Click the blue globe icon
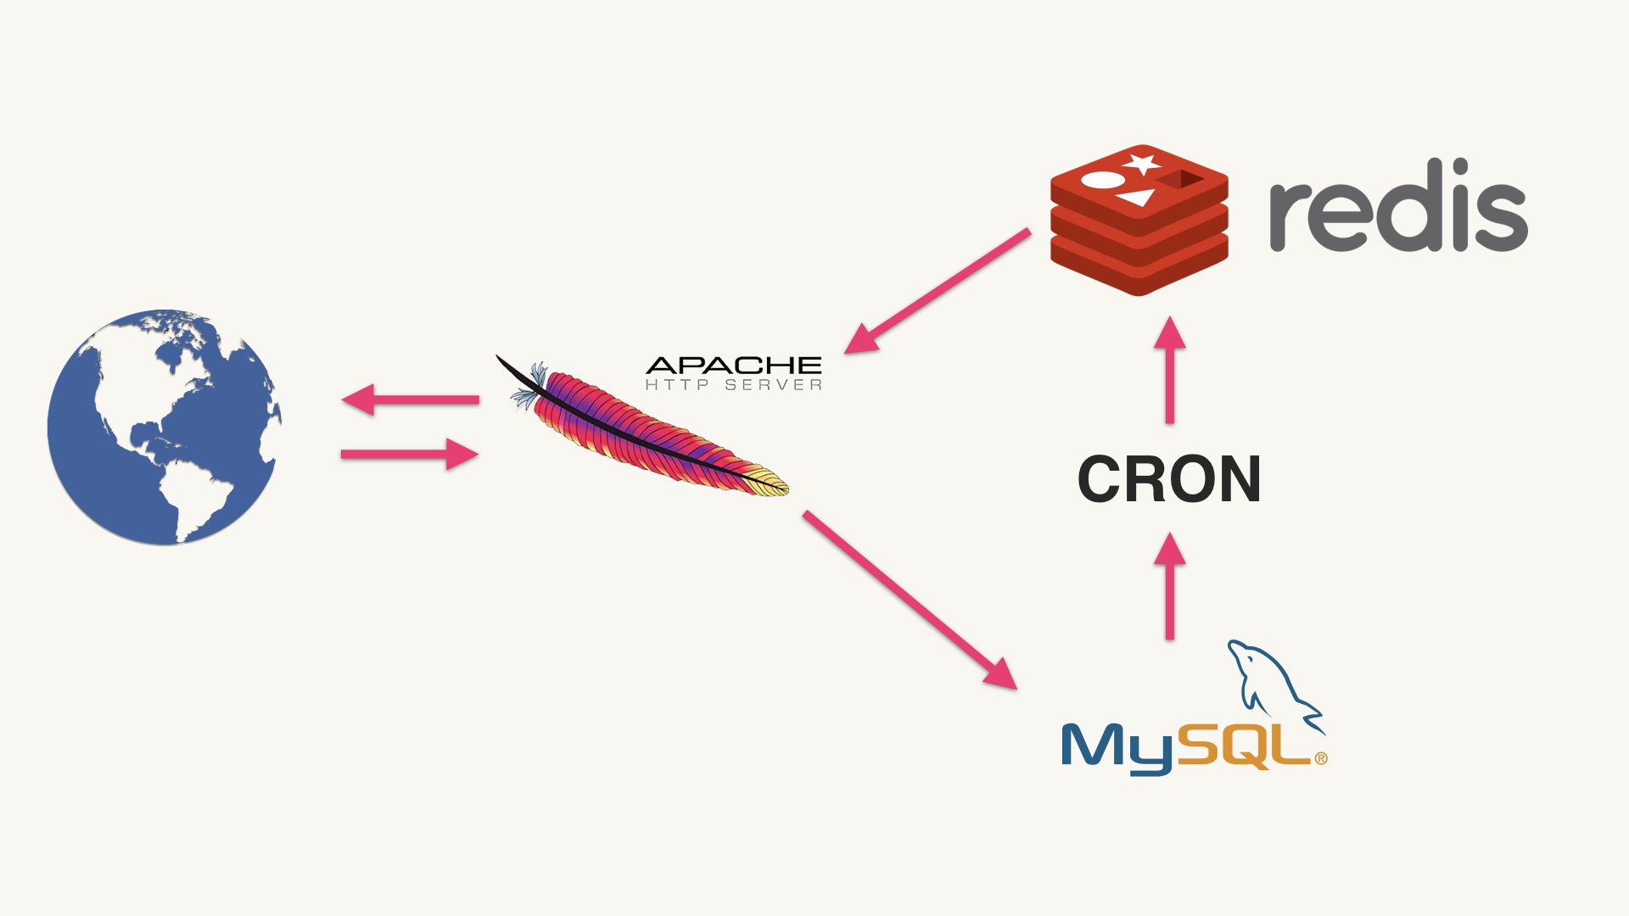tap(164, 427)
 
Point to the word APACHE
tap(734, 366)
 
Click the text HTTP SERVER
tap(734, 385)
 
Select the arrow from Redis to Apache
tap(938, 290)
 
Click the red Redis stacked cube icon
tap(1139, 221)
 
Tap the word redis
tap(1397, 208)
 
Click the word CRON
tap(1169, 479)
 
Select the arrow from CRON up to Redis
tap(1170, 370)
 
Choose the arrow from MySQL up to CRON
tap(1170, 586)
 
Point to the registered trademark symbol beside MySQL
tap(1320, 758)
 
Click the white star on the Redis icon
tap(1141, 164)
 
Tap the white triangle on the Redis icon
tap(1137, 198)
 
